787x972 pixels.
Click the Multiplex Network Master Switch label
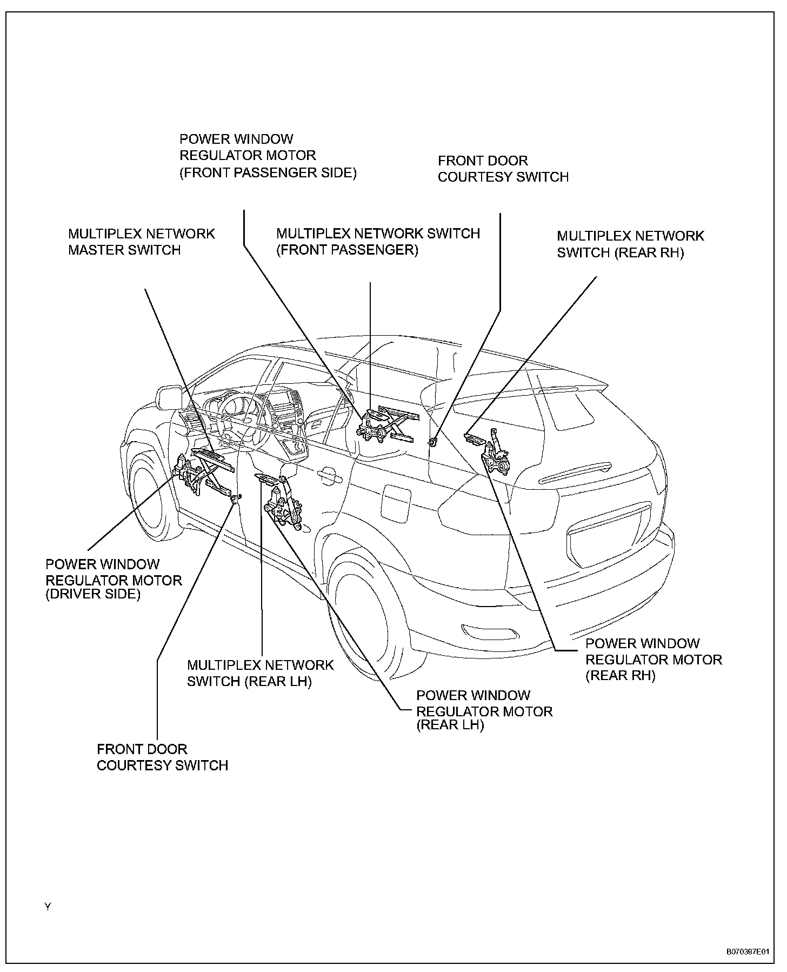point(141,242)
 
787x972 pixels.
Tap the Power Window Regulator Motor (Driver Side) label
point(114,580)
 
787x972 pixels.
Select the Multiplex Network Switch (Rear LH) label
point(260,673)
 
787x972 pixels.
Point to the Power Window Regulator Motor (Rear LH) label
point(484,710)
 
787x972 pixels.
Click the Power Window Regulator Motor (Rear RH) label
point(653,660)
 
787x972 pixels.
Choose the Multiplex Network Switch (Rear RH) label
point(630,244)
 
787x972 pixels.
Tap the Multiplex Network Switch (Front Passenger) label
point(378,242)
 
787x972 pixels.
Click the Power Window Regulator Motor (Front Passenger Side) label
point(268,156)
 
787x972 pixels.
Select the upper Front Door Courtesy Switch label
point(503,169)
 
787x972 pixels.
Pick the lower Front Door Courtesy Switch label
point(162,757)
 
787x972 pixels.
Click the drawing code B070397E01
point(747,953)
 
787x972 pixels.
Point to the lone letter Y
point(48,907)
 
